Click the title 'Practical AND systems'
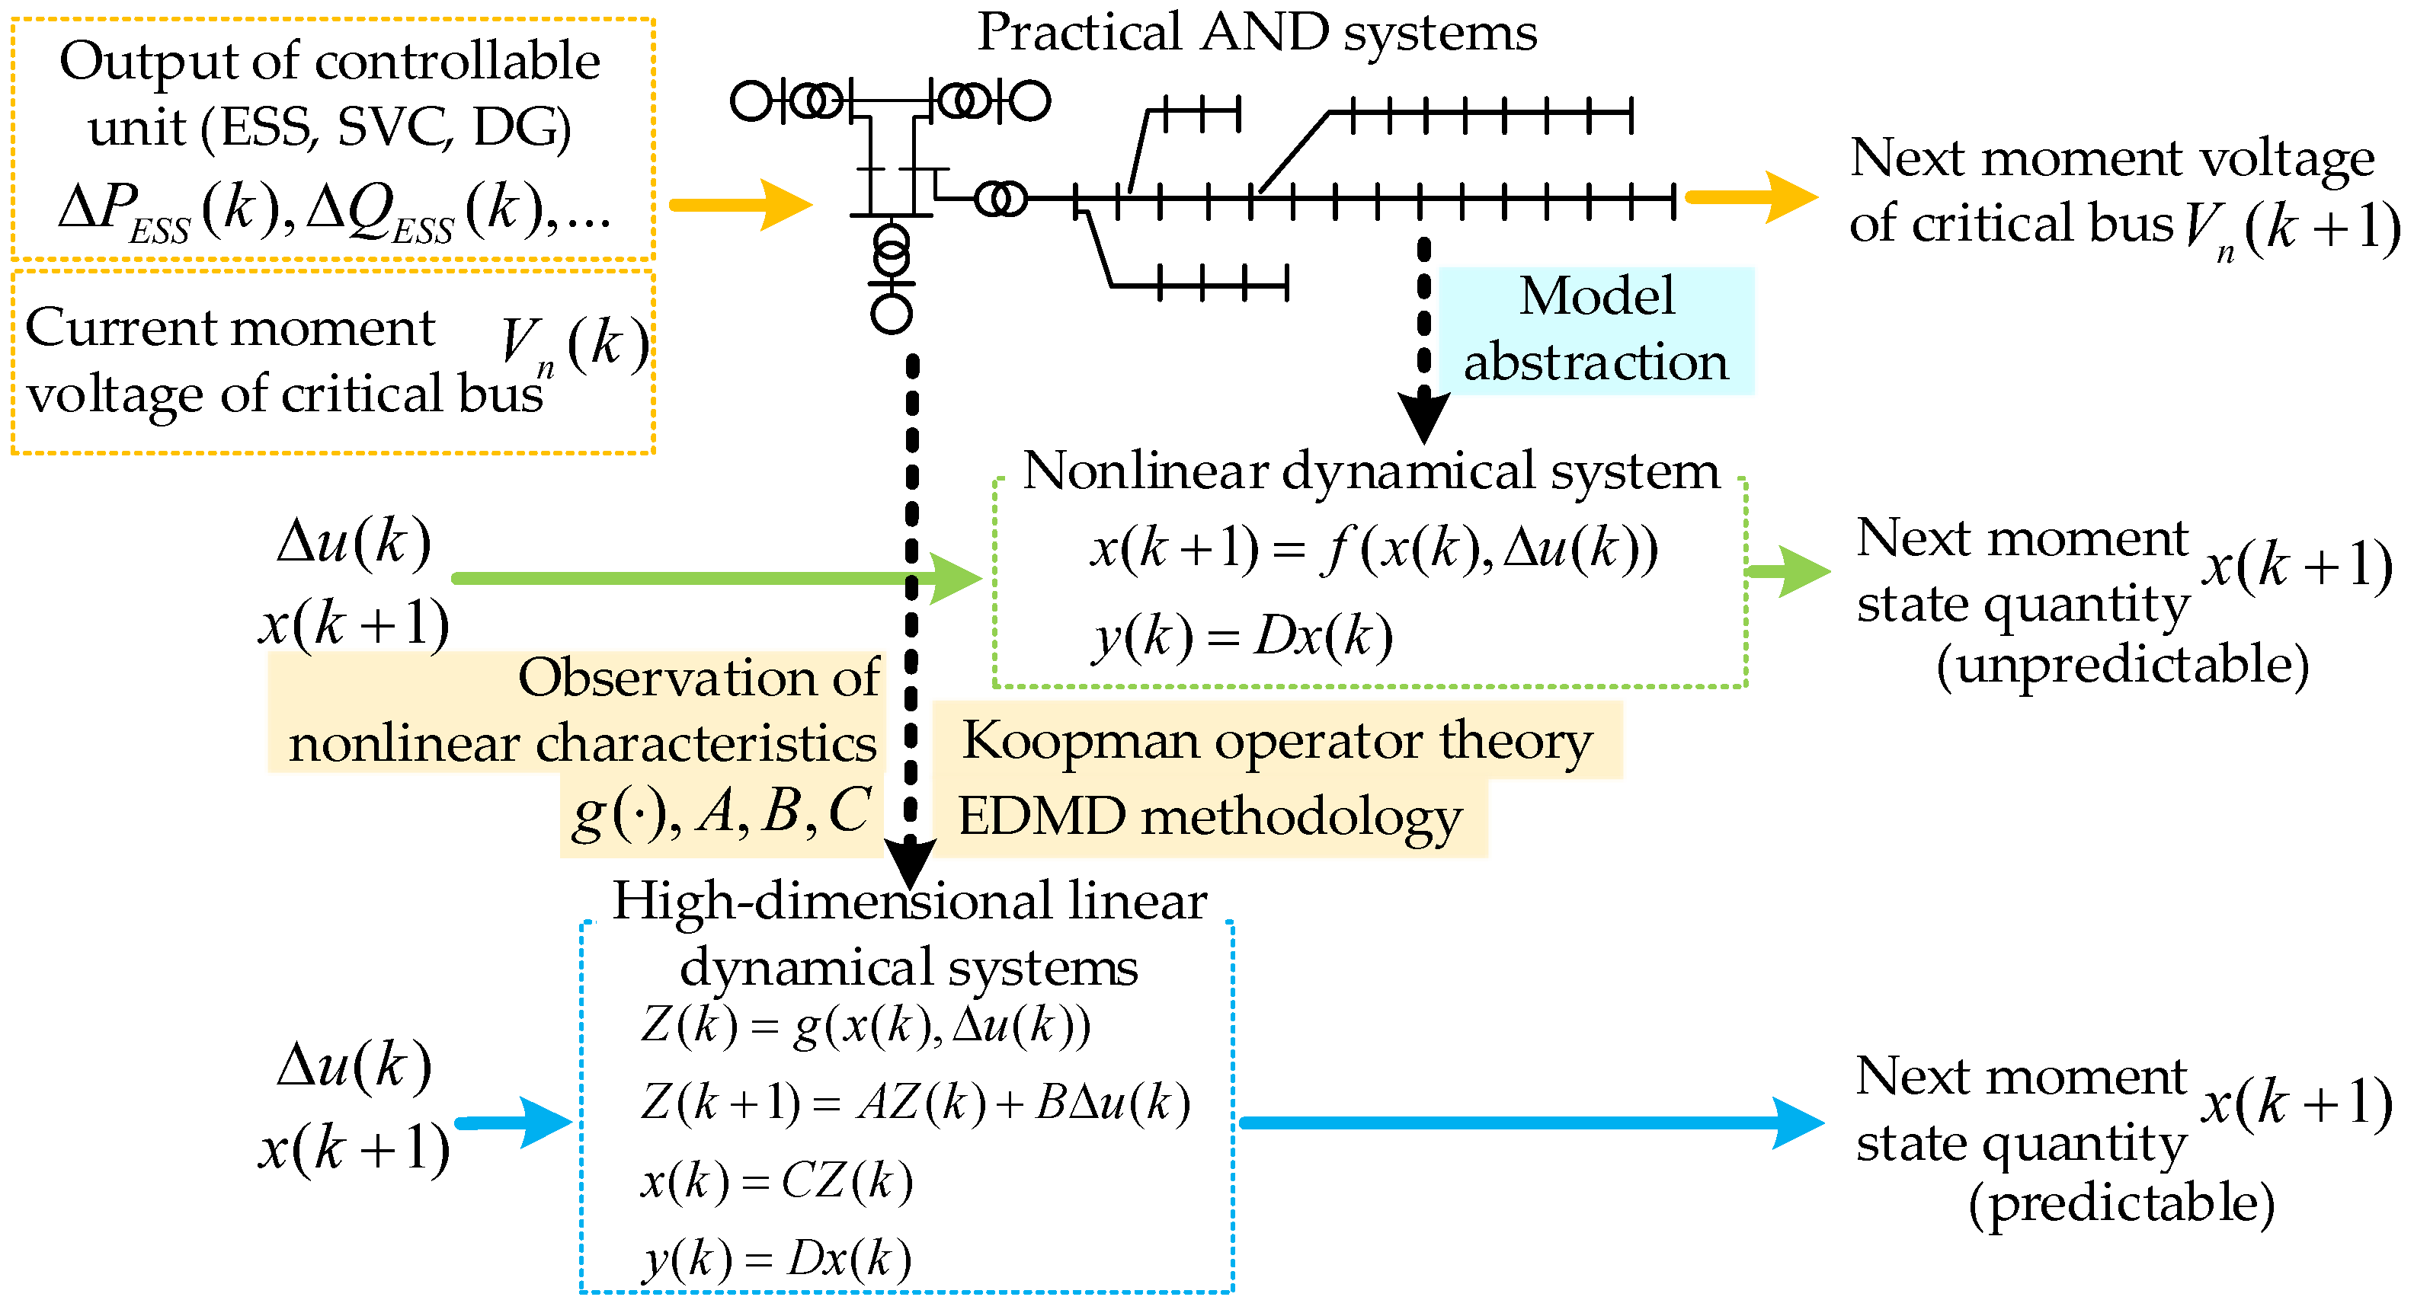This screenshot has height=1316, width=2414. (x=1257, y=34)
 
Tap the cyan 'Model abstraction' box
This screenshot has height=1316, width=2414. (x=1595, y=330)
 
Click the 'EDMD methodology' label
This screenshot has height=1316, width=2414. (x=1209, y=816)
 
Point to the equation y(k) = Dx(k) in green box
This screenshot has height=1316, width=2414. (x=1243, y=637)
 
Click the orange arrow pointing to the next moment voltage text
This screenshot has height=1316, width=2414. (x=1749, y=198)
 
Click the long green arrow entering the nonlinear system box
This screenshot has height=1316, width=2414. (x=712, y=579)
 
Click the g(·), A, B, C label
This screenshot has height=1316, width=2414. (x=722, y=811)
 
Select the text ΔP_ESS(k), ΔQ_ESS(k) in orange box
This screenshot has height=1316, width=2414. (x=334, y=209)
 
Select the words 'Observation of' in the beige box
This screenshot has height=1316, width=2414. (x=698, y=678)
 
